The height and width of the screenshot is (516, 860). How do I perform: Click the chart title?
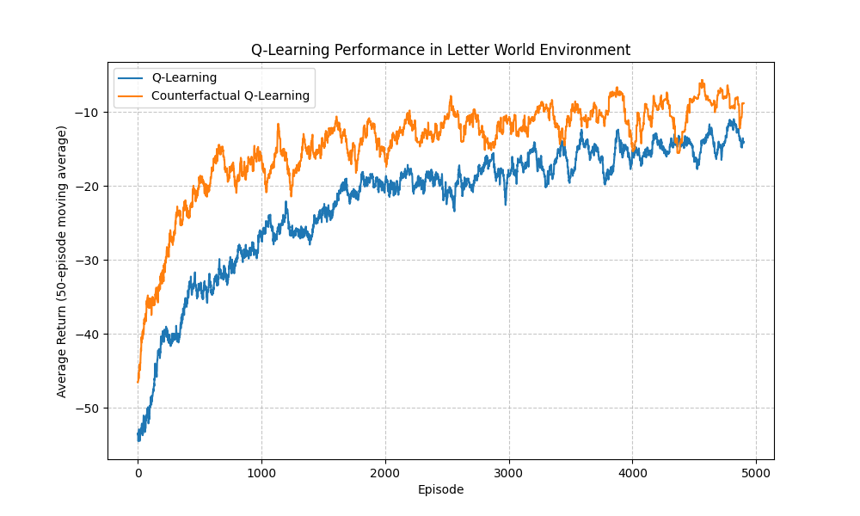pos(440,50)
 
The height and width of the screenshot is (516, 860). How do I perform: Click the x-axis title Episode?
pos(440,489)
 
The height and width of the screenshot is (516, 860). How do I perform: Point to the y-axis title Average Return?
pos(62,261)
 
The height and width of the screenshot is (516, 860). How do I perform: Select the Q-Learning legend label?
pos(184,78)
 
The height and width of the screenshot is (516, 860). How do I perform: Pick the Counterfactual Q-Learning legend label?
pos(230,95)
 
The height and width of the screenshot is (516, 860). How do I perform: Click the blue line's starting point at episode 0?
pos(138,434)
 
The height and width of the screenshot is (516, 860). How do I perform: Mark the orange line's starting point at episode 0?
pos(138,381)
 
